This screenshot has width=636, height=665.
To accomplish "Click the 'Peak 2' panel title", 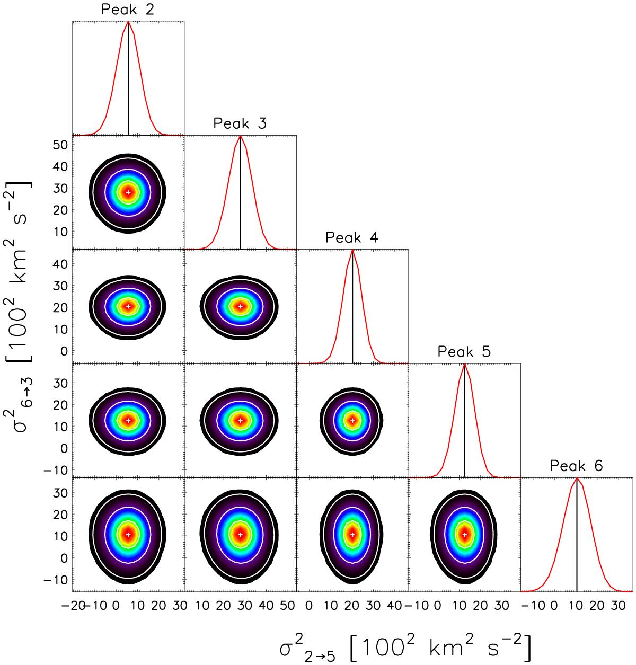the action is coord(128,10).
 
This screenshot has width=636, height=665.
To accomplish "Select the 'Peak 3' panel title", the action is coord(240,123).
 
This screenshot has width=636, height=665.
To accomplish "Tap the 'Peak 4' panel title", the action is coord(352,237).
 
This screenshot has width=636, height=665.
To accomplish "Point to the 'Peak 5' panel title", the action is coord(464,352).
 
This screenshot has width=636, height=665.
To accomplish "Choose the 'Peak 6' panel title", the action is coord(576,466).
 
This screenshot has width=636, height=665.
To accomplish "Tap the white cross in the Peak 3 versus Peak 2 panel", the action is coord(128,192).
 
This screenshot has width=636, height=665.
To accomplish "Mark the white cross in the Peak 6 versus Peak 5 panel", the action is coord(464,535).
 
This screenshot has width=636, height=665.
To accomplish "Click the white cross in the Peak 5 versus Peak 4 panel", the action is coord(352,420).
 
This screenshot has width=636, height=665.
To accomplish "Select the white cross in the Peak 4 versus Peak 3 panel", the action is coord(240,306).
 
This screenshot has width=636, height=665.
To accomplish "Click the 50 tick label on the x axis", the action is coord(287,606).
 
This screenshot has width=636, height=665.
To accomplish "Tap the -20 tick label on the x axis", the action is coord(73,606).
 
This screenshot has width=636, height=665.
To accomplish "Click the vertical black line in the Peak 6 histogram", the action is coord(577,535).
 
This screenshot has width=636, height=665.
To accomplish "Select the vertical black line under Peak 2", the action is coord(128,78).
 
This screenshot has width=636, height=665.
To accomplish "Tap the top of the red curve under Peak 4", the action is coord(352,250).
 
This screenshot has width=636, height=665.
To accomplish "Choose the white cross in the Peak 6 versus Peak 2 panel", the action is coord(128,535).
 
